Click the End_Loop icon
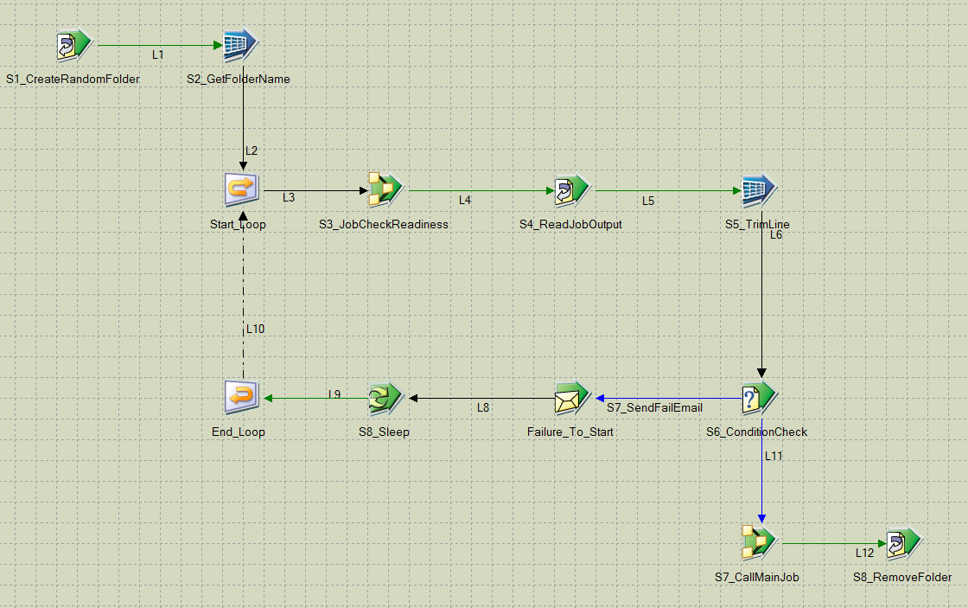tap(239, 397)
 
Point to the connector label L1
tap(158, 54)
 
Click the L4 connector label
tap(465, 200)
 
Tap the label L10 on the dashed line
tap(255, 329)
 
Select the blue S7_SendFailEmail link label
tap(654, 406)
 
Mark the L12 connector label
tap(864, 553)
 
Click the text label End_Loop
tap(239, 432)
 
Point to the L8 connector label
tap(483, 406)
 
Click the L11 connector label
tap(774, 455)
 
